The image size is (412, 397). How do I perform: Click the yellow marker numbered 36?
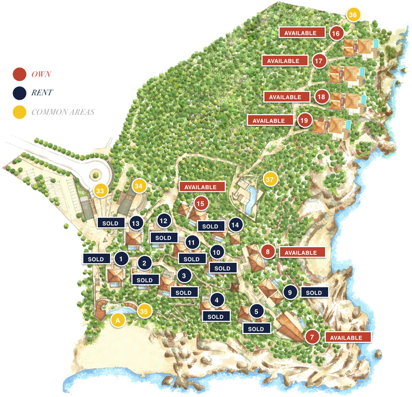(353, 15)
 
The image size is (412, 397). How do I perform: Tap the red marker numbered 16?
(336, 33)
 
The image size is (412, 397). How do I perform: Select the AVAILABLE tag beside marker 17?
(284, 61)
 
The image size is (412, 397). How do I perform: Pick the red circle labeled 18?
(321, 97)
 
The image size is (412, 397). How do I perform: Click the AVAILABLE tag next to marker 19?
(269, 121)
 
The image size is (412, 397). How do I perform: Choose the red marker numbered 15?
(201, 203)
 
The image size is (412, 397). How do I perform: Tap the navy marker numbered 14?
(236, 224)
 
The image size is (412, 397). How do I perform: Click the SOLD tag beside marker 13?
(111, 223)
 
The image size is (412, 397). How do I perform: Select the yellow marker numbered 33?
(100, 191)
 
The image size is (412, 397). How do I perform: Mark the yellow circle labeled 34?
(138, 185)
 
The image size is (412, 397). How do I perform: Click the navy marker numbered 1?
(121, 258)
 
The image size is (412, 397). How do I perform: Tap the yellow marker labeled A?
(118, 320)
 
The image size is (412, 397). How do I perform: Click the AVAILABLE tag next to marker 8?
(302, 252)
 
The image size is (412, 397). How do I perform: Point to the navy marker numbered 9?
(290, 292)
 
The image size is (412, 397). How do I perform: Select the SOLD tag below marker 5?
(256, 329)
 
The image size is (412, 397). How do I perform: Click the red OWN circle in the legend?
(19, 74)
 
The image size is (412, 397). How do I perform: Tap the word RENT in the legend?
(42, 93)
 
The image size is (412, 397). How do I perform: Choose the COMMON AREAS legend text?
(62, 112)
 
